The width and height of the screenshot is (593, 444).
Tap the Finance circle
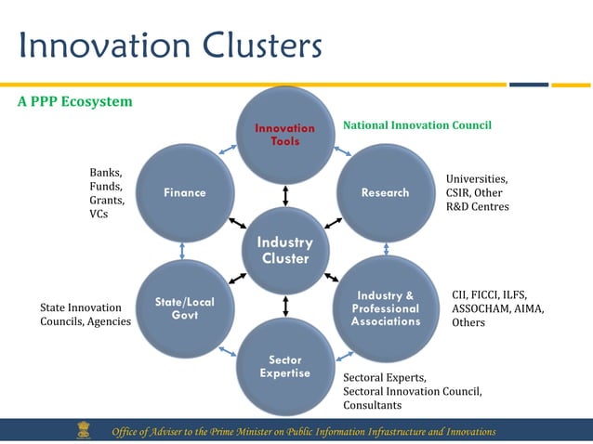tap(184, 192)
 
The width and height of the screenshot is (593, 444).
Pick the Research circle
tap(385, 192)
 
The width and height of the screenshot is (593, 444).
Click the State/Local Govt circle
tap(184, 308)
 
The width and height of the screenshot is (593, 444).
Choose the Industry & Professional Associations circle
tap(385, 308)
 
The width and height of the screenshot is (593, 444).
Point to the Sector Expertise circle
tap(285, 366)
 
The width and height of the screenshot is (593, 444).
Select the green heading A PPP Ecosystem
tap(75, 101)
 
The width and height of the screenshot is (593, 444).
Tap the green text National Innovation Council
tap(417, 124)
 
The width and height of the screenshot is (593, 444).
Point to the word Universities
tap(477, 178)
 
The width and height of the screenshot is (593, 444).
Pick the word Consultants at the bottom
tap(373, 405)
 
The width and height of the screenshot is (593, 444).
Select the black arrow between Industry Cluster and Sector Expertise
tap(285, 307)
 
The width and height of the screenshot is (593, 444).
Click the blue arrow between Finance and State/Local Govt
tap(183, 251)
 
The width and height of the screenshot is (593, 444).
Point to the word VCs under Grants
tap(99, 215)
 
